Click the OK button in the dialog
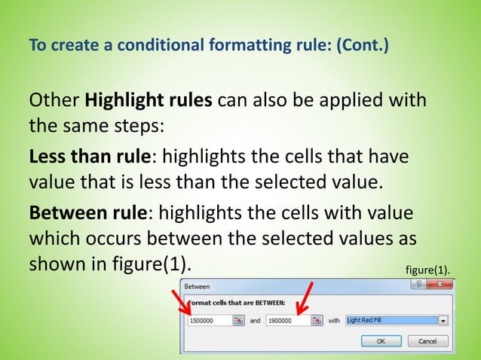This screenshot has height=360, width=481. coord(380,340)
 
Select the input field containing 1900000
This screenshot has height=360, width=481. coord(288,320)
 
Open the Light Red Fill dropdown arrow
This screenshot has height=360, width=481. coord(443,320)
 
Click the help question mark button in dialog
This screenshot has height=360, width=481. coord(415,285)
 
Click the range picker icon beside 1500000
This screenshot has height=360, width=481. coord(238,320)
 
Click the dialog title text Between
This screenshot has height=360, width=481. coord(197,287)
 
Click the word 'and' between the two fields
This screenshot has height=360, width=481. coord(255,321)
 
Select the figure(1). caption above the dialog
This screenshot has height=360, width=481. coord(427,269)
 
